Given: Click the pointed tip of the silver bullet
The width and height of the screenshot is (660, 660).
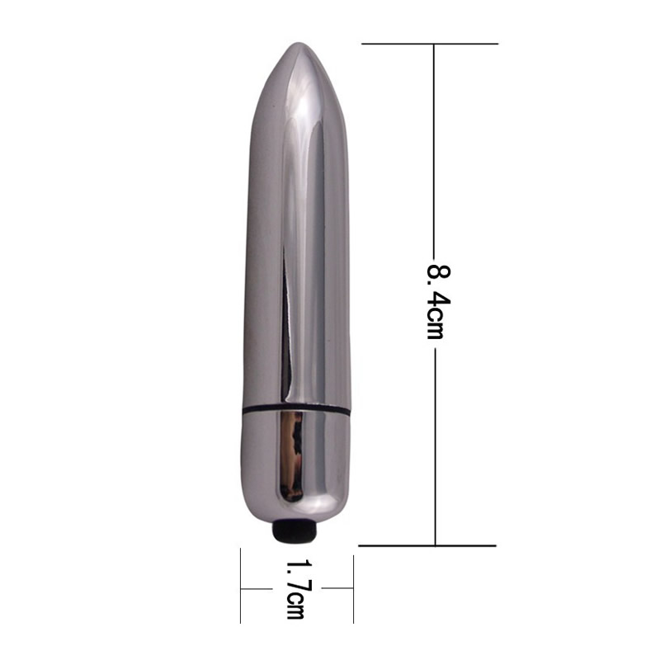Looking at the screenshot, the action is (x=299, y=43).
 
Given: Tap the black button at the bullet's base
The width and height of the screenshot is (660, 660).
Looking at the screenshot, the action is (x=295, y=530).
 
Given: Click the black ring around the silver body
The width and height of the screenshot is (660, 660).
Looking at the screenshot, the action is (x=296, y=408).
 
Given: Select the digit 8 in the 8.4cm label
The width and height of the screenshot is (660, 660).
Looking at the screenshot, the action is (x=439, y=276).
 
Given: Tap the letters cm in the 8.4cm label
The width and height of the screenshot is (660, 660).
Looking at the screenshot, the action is (x=436, y=328).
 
